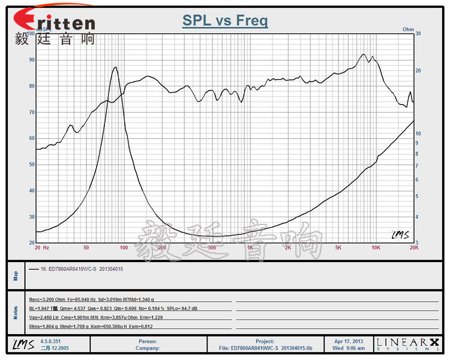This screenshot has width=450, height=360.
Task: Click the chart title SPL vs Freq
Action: (x=225, y=21)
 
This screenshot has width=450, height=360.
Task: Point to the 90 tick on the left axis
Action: (x=32, y=60)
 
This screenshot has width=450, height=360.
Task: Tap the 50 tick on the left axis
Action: (x=32, y=164)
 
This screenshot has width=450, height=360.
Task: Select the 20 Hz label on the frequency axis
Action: (x=42, y=247)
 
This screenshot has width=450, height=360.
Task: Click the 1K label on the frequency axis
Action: (x=250, y=247)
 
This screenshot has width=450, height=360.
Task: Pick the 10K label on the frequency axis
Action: (x=376, y=247)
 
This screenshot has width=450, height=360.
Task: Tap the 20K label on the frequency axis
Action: (x=413, y=247)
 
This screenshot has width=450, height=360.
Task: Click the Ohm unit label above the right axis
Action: (x=408, y=29)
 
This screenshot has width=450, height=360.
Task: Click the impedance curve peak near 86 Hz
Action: (x=115, y=67)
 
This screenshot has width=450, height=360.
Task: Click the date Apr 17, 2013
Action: (x=348, y=340)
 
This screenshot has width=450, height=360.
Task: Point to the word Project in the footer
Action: (x=265, y=340)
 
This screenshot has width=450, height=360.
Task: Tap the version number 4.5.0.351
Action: (x=51, y=340)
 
